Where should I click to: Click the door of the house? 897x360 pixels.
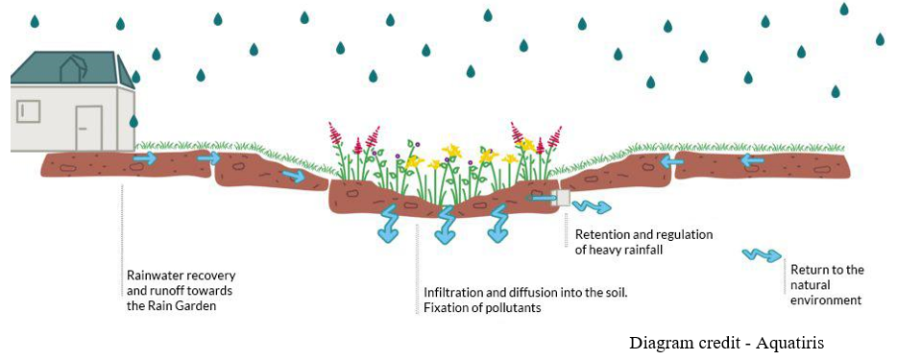pyautogui.click(x=88, y=128)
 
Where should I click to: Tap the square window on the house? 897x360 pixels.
pyautogui.click(x=28, y=110)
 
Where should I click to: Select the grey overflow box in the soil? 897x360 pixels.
pyautogui.click(x=561, y=198)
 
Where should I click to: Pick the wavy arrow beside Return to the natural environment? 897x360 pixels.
pyautogui.click(x=762, y=255)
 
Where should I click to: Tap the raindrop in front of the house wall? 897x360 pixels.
pyautogui.click(x=133, y=121)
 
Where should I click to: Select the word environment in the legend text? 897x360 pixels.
pyautogui.click(x=825, y=300)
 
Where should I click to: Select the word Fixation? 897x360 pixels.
pyautogui.click(x=443, y=308)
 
